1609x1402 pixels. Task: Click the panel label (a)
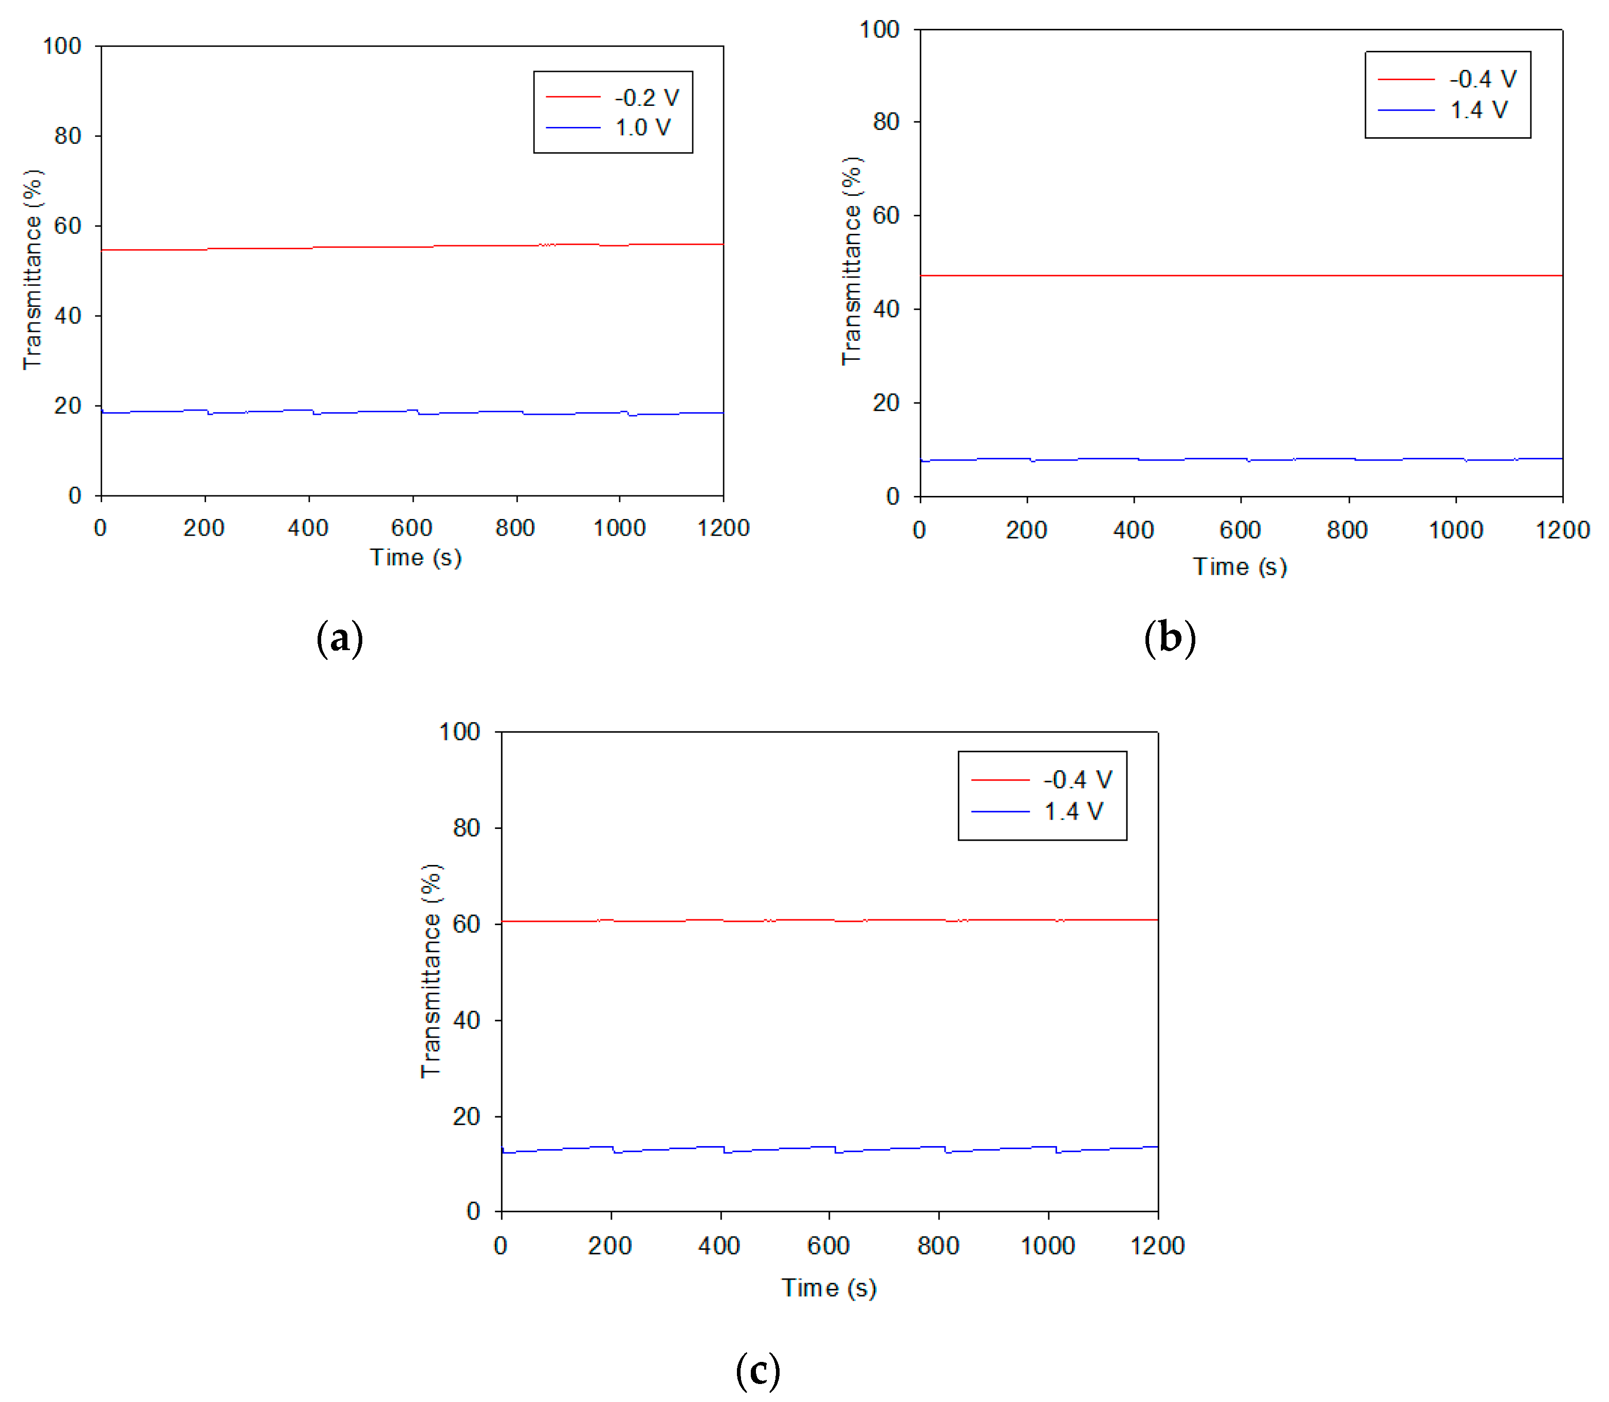(x=340, y=638)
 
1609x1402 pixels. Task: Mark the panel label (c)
(x=757, y=1370)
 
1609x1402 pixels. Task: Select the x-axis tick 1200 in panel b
(x=1562, y=530)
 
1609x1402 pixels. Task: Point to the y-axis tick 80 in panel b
(x=886, y=122)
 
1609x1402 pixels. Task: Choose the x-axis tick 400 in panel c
(x=719, y=1246)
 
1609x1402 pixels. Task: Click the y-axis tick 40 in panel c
(x=466, y=1020)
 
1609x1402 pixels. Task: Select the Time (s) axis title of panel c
(x=828, y=1288)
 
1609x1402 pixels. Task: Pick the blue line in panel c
(x=782, y=1149)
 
